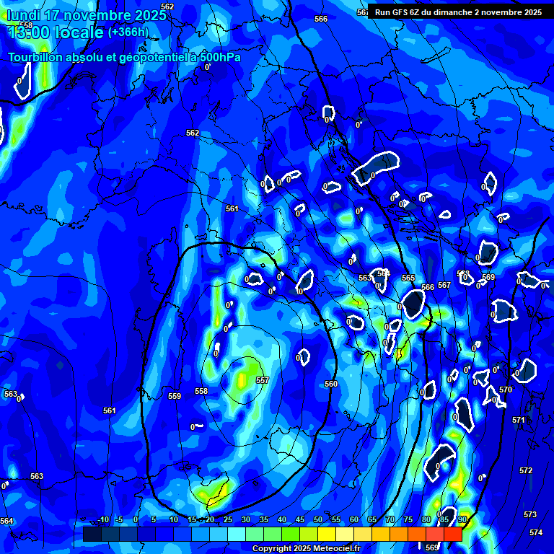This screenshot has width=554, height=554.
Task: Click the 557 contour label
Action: pyautogui.click(x=263, y=380)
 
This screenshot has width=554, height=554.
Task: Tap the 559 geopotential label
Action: pyautogui.click(x=175, y=396)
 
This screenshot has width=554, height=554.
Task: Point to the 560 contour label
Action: pyautogui.click(x=331, y=384)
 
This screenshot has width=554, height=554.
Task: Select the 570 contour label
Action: pyautogui.click(x=506, y=390)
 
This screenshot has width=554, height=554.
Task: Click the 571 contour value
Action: pyautogui.click(x=519, y=420)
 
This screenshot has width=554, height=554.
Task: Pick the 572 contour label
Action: pyautogui.click(x=526, y=470)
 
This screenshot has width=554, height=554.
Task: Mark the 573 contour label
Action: pyautogui.click(x=530, y=514)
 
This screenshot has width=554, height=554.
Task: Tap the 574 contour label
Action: pyautogui.click(x=535, y=532)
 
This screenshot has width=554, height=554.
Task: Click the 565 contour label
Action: pyautogui.click(x=408, y=278)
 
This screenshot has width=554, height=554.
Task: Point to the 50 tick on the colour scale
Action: pyautogui.click(x=318, y=519)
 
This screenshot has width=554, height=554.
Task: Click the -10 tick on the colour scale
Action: pyautogui.click(x=103, y=519)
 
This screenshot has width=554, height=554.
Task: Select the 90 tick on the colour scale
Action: pyautogui.click(x=462, y=519)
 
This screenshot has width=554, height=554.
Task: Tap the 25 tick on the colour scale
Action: pyautogui.click(x=228, y=519)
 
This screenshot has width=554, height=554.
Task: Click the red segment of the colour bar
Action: pyautogui.click(x=452, y=534)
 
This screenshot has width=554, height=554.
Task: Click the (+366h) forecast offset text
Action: pyautogui.click(x=128, y=32)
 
